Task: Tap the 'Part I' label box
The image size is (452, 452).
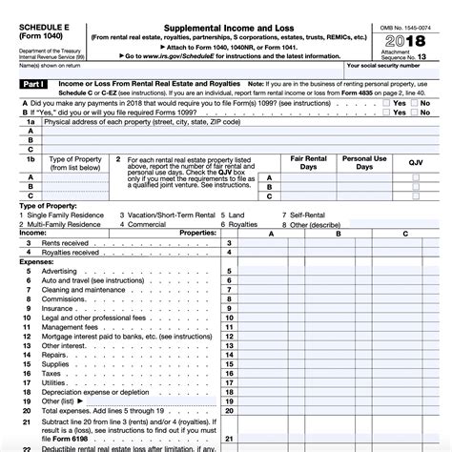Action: coord(19,86)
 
